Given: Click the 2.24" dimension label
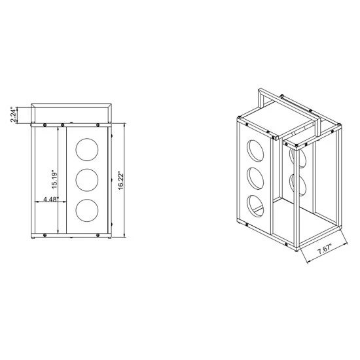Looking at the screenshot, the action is coord(14,115).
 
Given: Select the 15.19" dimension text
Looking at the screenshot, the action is coord(54,180).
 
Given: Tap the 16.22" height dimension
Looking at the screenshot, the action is coord(121,181).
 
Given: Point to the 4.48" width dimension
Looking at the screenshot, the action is coord(51,199).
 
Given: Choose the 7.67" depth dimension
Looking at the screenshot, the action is coord(325,249).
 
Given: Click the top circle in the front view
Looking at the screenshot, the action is coord(87,149).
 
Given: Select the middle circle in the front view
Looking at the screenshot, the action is coord(87,180).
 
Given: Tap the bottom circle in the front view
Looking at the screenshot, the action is coord(87,210).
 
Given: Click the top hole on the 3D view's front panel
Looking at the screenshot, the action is coord(255,151).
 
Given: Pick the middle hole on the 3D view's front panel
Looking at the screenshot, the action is coord(255,179).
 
